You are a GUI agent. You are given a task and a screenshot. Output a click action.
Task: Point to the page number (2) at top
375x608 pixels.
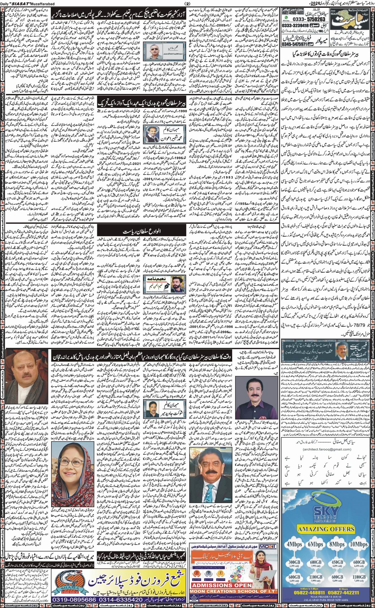[186, 3]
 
